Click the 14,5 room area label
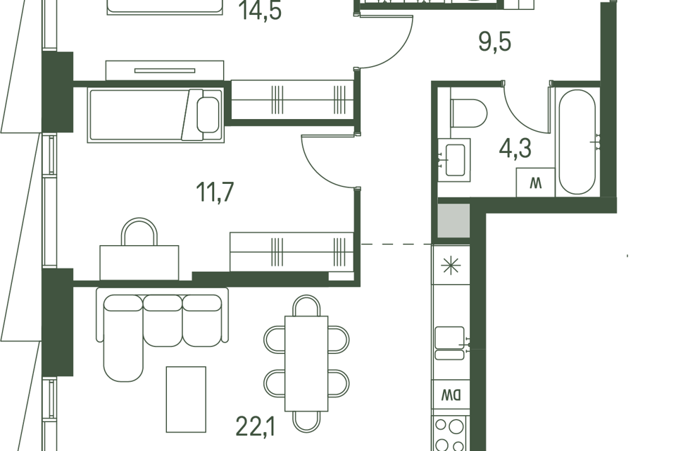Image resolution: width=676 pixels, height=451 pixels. [x=261, y=11]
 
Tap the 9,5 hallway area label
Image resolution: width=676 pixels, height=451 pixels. [x=495, y=42]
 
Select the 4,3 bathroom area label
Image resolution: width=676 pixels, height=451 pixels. [x=515, y=149]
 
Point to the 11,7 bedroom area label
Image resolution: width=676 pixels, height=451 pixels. [x=215, y=192]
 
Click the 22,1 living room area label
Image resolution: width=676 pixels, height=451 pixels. [x=256, y=426]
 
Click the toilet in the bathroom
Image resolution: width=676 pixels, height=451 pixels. [x=468, y=113]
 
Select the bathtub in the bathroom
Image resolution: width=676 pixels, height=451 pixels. [x=577, y=142]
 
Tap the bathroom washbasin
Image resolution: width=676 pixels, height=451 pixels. [x=454, y=160]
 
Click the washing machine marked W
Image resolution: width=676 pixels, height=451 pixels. [x=535, y=183]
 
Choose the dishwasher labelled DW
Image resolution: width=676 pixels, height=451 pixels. [x=451, y=395]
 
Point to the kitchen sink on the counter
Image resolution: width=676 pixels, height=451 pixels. [x=451, y=343]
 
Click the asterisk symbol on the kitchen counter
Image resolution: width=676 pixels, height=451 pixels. [x=451, y=265]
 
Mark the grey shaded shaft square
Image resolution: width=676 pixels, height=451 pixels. [x=453, y=221]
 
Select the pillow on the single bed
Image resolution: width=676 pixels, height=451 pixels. [x=208, y=115]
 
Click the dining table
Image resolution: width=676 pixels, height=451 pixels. [x=306, y=364]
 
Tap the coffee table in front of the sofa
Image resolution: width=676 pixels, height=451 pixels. [x=186, y=400]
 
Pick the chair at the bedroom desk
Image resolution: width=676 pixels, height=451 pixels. [x=139, y=232]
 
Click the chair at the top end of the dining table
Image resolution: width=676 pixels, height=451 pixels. [x=306, y=306]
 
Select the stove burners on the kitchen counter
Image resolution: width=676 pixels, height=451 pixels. [x=449, y=434]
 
